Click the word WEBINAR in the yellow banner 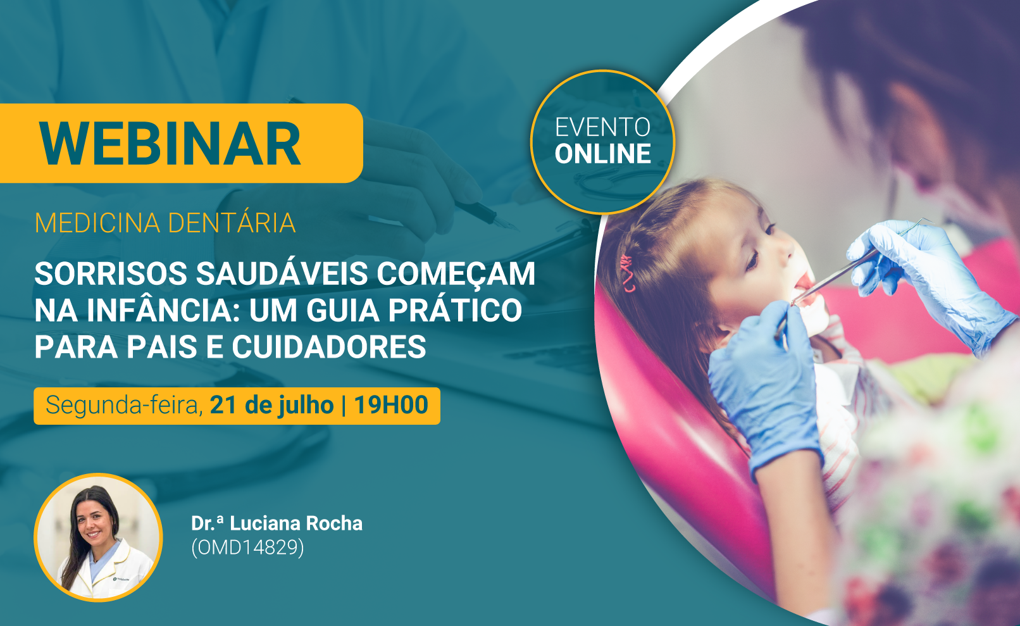coord(170,144)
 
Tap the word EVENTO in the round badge coord(602,127)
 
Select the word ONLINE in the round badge coord(602,154)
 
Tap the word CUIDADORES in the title coord(329,347)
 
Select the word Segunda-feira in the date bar coord(124,406)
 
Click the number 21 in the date coord(223,404)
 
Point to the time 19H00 coord(390,404)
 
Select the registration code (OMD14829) coord(247,547)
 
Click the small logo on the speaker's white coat coord(121,579)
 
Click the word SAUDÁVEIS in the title coord(282,273)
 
